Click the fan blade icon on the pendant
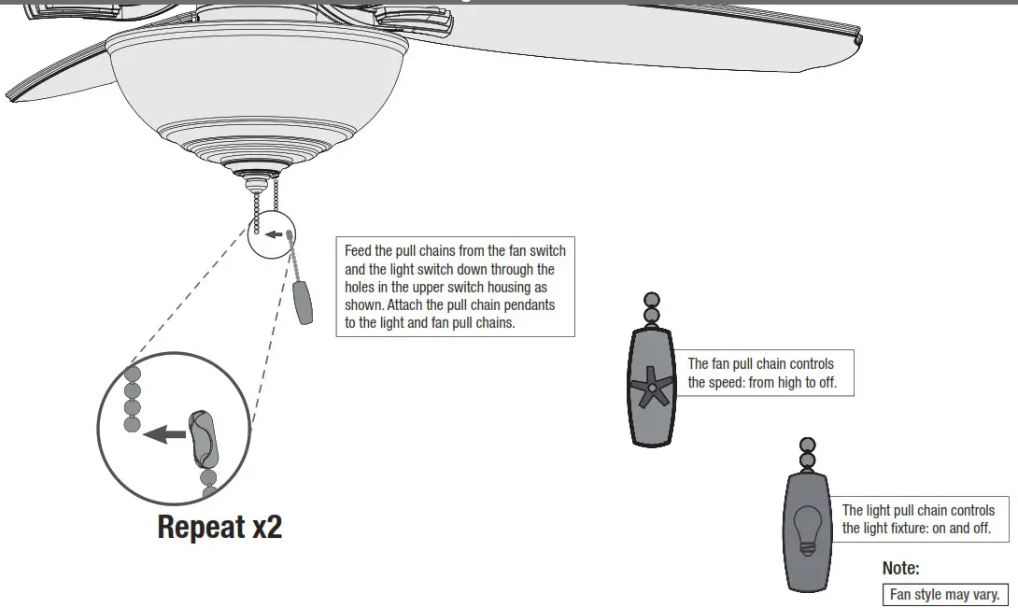(x=651, y=387)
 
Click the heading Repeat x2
(x=219, y=527)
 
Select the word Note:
(x=900, y=568)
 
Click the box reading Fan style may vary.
(x=944, y=594)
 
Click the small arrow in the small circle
(x=273, y=233)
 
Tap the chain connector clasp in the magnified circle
(x=204, y=439)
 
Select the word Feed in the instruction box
(x=359, y=251)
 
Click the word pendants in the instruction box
(x=527, y=305)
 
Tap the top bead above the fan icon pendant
(x=652, y=300)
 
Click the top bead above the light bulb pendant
(x=807, y=445)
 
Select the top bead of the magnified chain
(x=133, y=371)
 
